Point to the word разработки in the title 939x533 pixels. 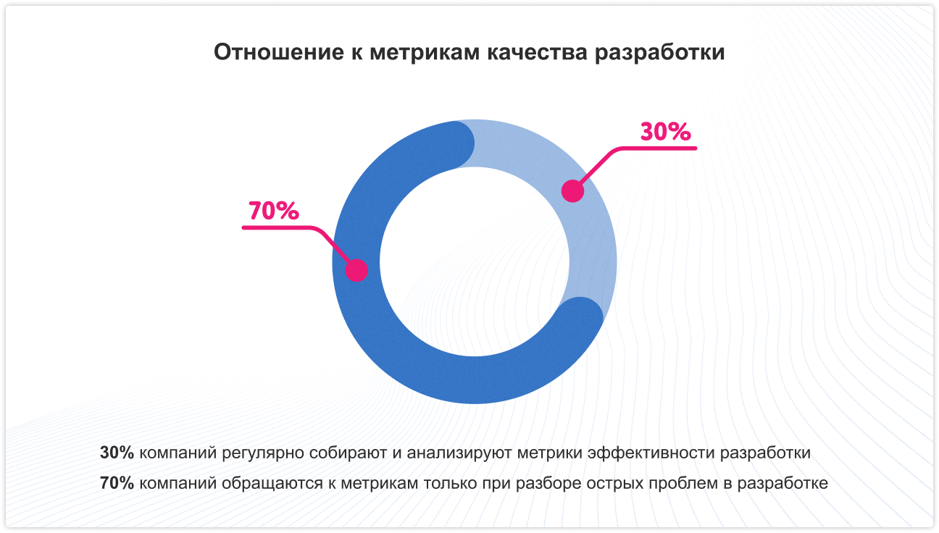pyautogui.click(x=659, y=54)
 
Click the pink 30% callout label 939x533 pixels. pyautogui.click(x=665, y=132)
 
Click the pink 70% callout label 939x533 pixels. pyautogui.click(x=273, y=211)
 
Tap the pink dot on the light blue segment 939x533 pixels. pyautogui.click(x=573, y=190)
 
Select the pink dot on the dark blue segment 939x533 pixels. pyautogui.click(x=356, y=270)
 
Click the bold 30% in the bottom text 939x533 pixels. pyautogui.click(x=117, y=453)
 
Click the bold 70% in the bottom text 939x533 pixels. pyautogui.click(x=117, y=483)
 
